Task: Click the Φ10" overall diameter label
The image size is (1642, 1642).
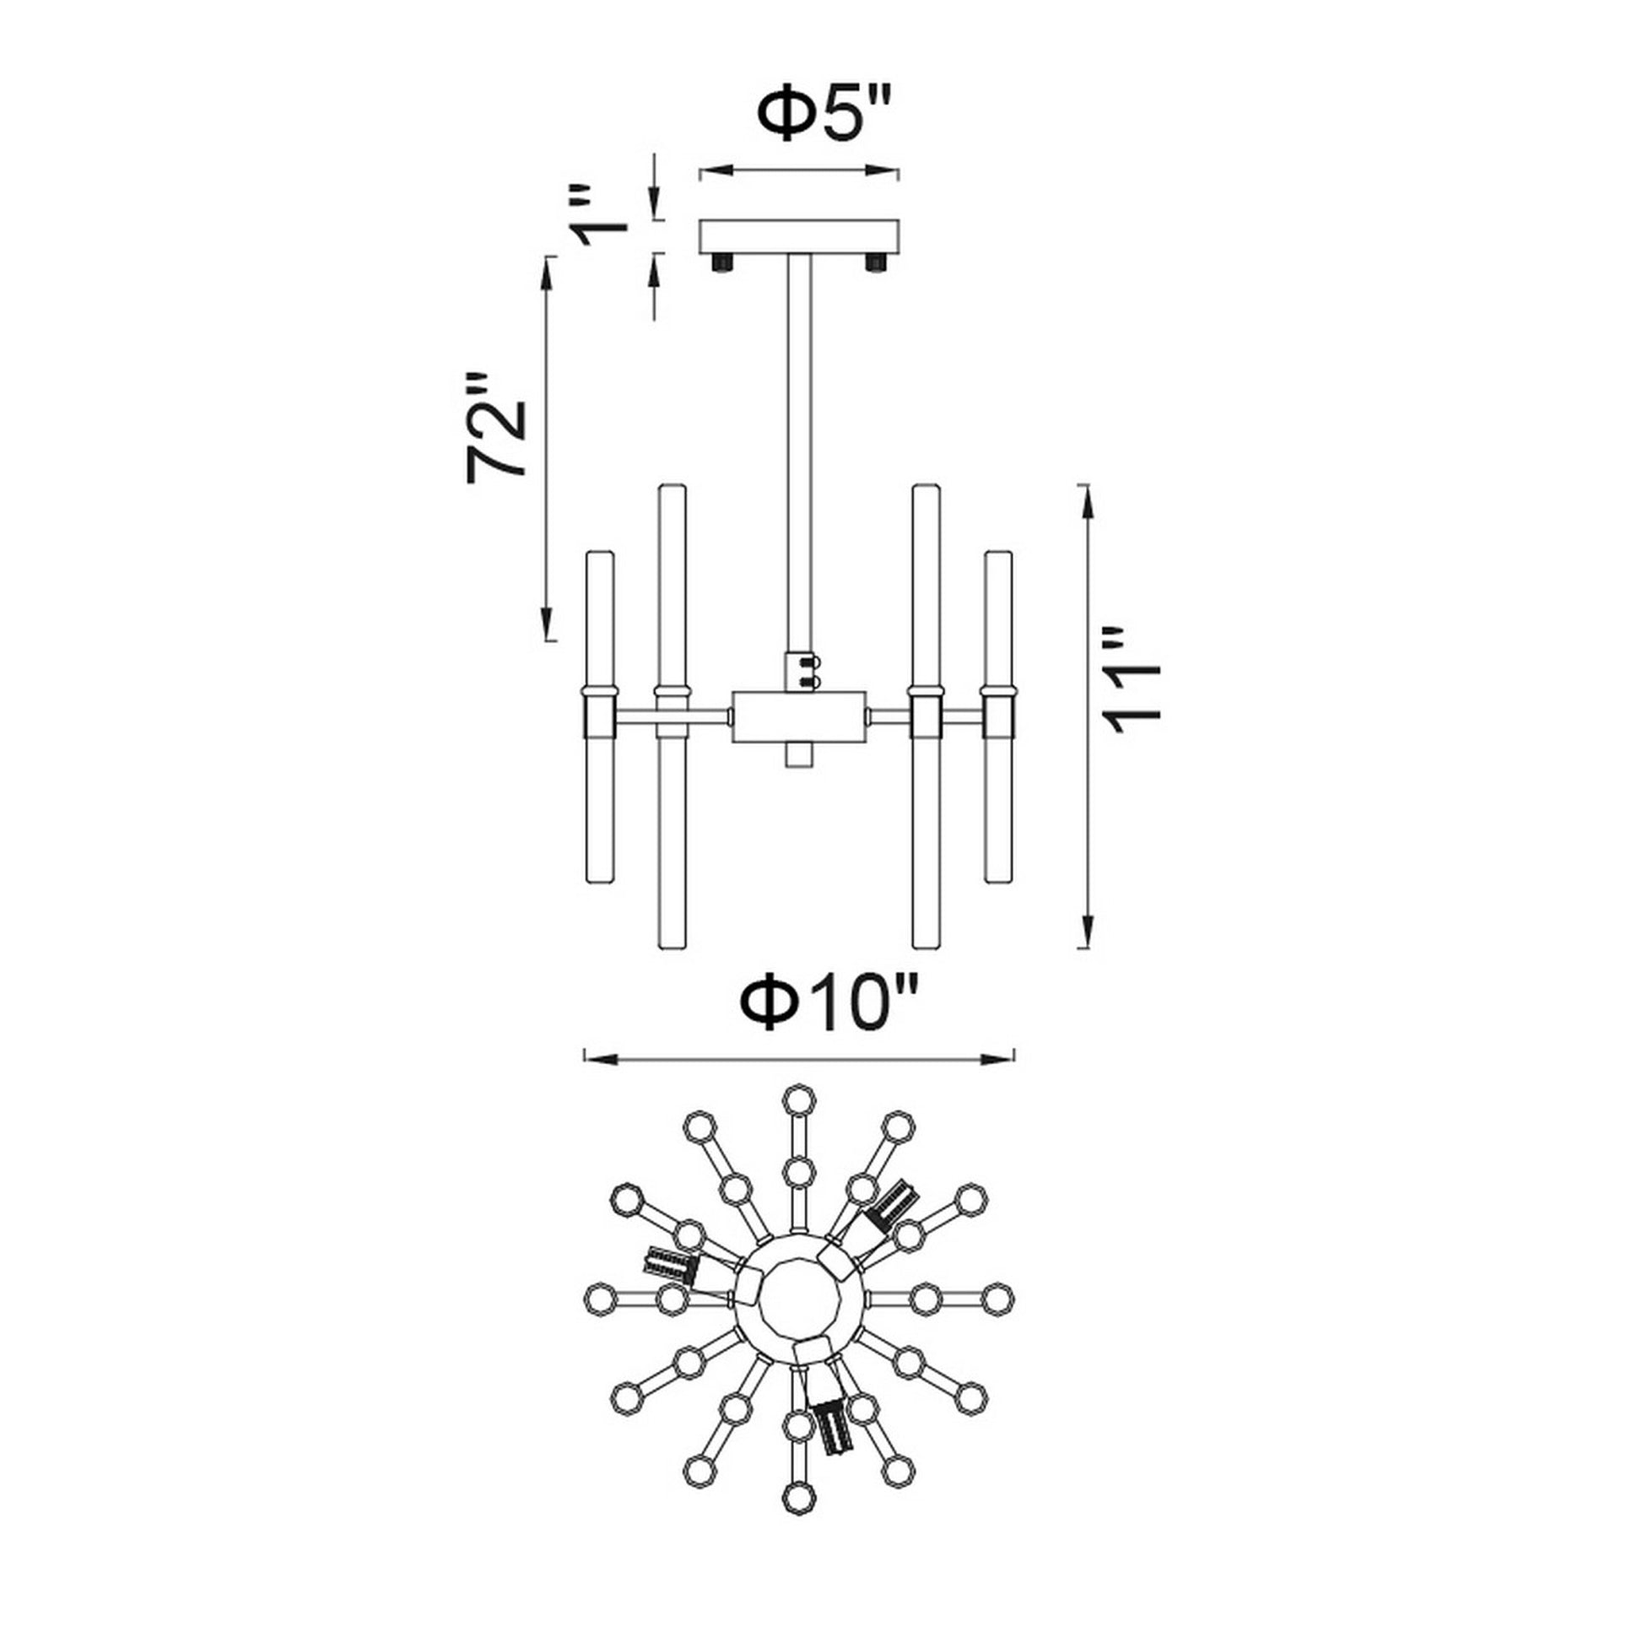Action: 830,1002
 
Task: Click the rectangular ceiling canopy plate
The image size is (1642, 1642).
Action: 799,236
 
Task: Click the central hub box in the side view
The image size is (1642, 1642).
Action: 799,716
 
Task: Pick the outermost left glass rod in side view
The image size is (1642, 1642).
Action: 599,716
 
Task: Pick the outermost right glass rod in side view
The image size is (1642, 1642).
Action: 998,716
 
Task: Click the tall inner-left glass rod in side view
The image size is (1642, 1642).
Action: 672,716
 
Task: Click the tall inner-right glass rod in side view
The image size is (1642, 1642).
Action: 925,716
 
